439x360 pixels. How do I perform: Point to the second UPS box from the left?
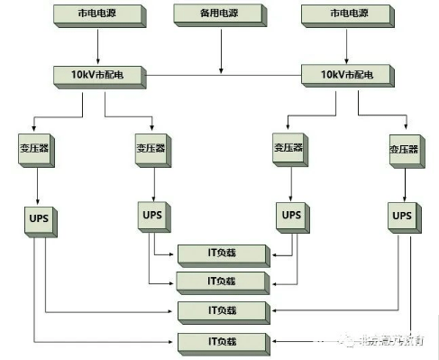152,215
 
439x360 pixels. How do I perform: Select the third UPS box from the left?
290,215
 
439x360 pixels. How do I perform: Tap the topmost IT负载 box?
221,254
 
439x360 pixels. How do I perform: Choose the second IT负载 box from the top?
221,282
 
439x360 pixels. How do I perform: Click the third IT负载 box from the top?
221,311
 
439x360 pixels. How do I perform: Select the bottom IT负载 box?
221,341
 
